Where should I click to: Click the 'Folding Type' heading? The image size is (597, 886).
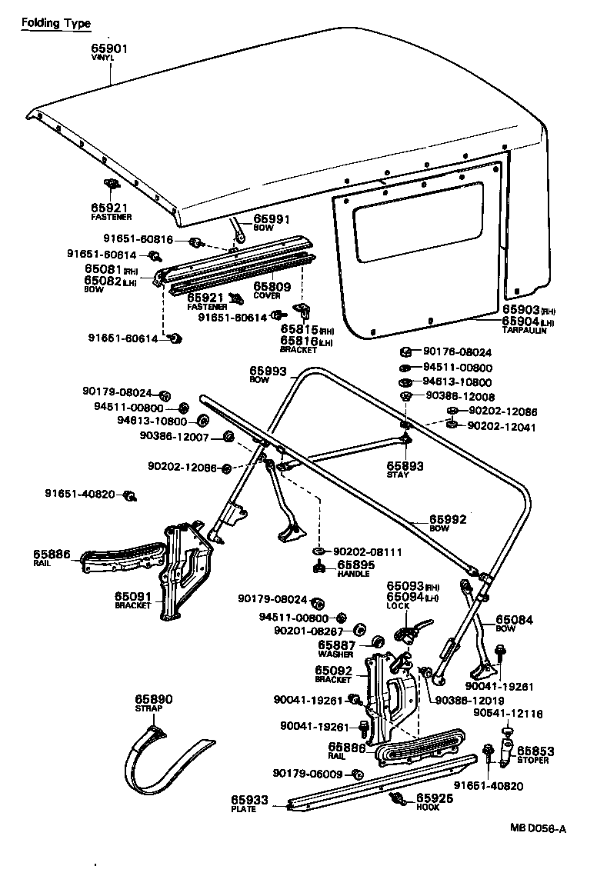click(x=55, y=23)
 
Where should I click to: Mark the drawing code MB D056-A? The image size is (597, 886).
click(x=539, y=828)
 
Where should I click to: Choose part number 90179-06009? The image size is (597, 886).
click(x=308, y=774)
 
